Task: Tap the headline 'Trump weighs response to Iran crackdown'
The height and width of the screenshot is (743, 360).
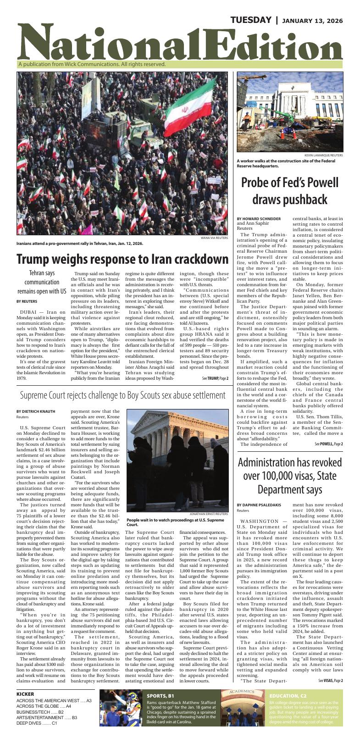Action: [x=122, y=259]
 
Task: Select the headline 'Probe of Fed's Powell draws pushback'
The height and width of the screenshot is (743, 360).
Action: [x=290, y=190]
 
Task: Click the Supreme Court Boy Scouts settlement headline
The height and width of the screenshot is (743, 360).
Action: [x=123, y=394]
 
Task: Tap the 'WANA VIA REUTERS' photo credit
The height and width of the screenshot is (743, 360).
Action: [x=214, y=238]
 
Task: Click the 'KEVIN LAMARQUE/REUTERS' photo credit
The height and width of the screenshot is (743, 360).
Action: [x=323, y=155]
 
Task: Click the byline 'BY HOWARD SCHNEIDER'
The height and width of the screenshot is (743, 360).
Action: [x=259, y=219]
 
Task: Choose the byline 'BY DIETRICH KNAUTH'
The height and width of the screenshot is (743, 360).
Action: [x=36, y=411]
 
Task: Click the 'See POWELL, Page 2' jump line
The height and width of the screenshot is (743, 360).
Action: [x=328, y=444]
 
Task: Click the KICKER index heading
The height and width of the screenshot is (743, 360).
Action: [x=25, y=694]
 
